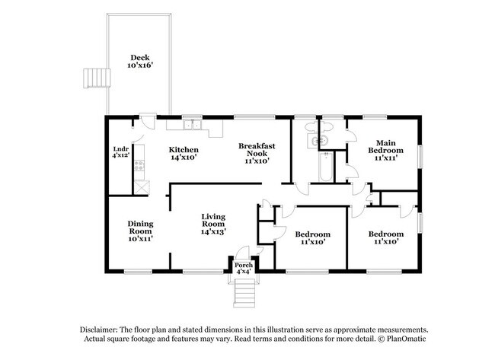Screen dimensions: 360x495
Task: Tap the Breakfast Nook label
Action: click(x=256, y=145)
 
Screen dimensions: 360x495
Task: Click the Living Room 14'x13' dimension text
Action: click(x=212, y=231)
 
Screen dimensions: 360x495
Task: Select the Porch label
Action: click(x=244, y=265)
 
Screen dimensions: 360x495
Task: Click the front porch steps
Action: click(x=244, y=291)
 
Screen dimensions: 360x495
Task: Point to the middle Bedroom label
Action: click(x=312, y=234)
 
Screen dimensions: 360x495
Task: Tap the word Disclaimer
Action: click(x=101, y=328)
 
